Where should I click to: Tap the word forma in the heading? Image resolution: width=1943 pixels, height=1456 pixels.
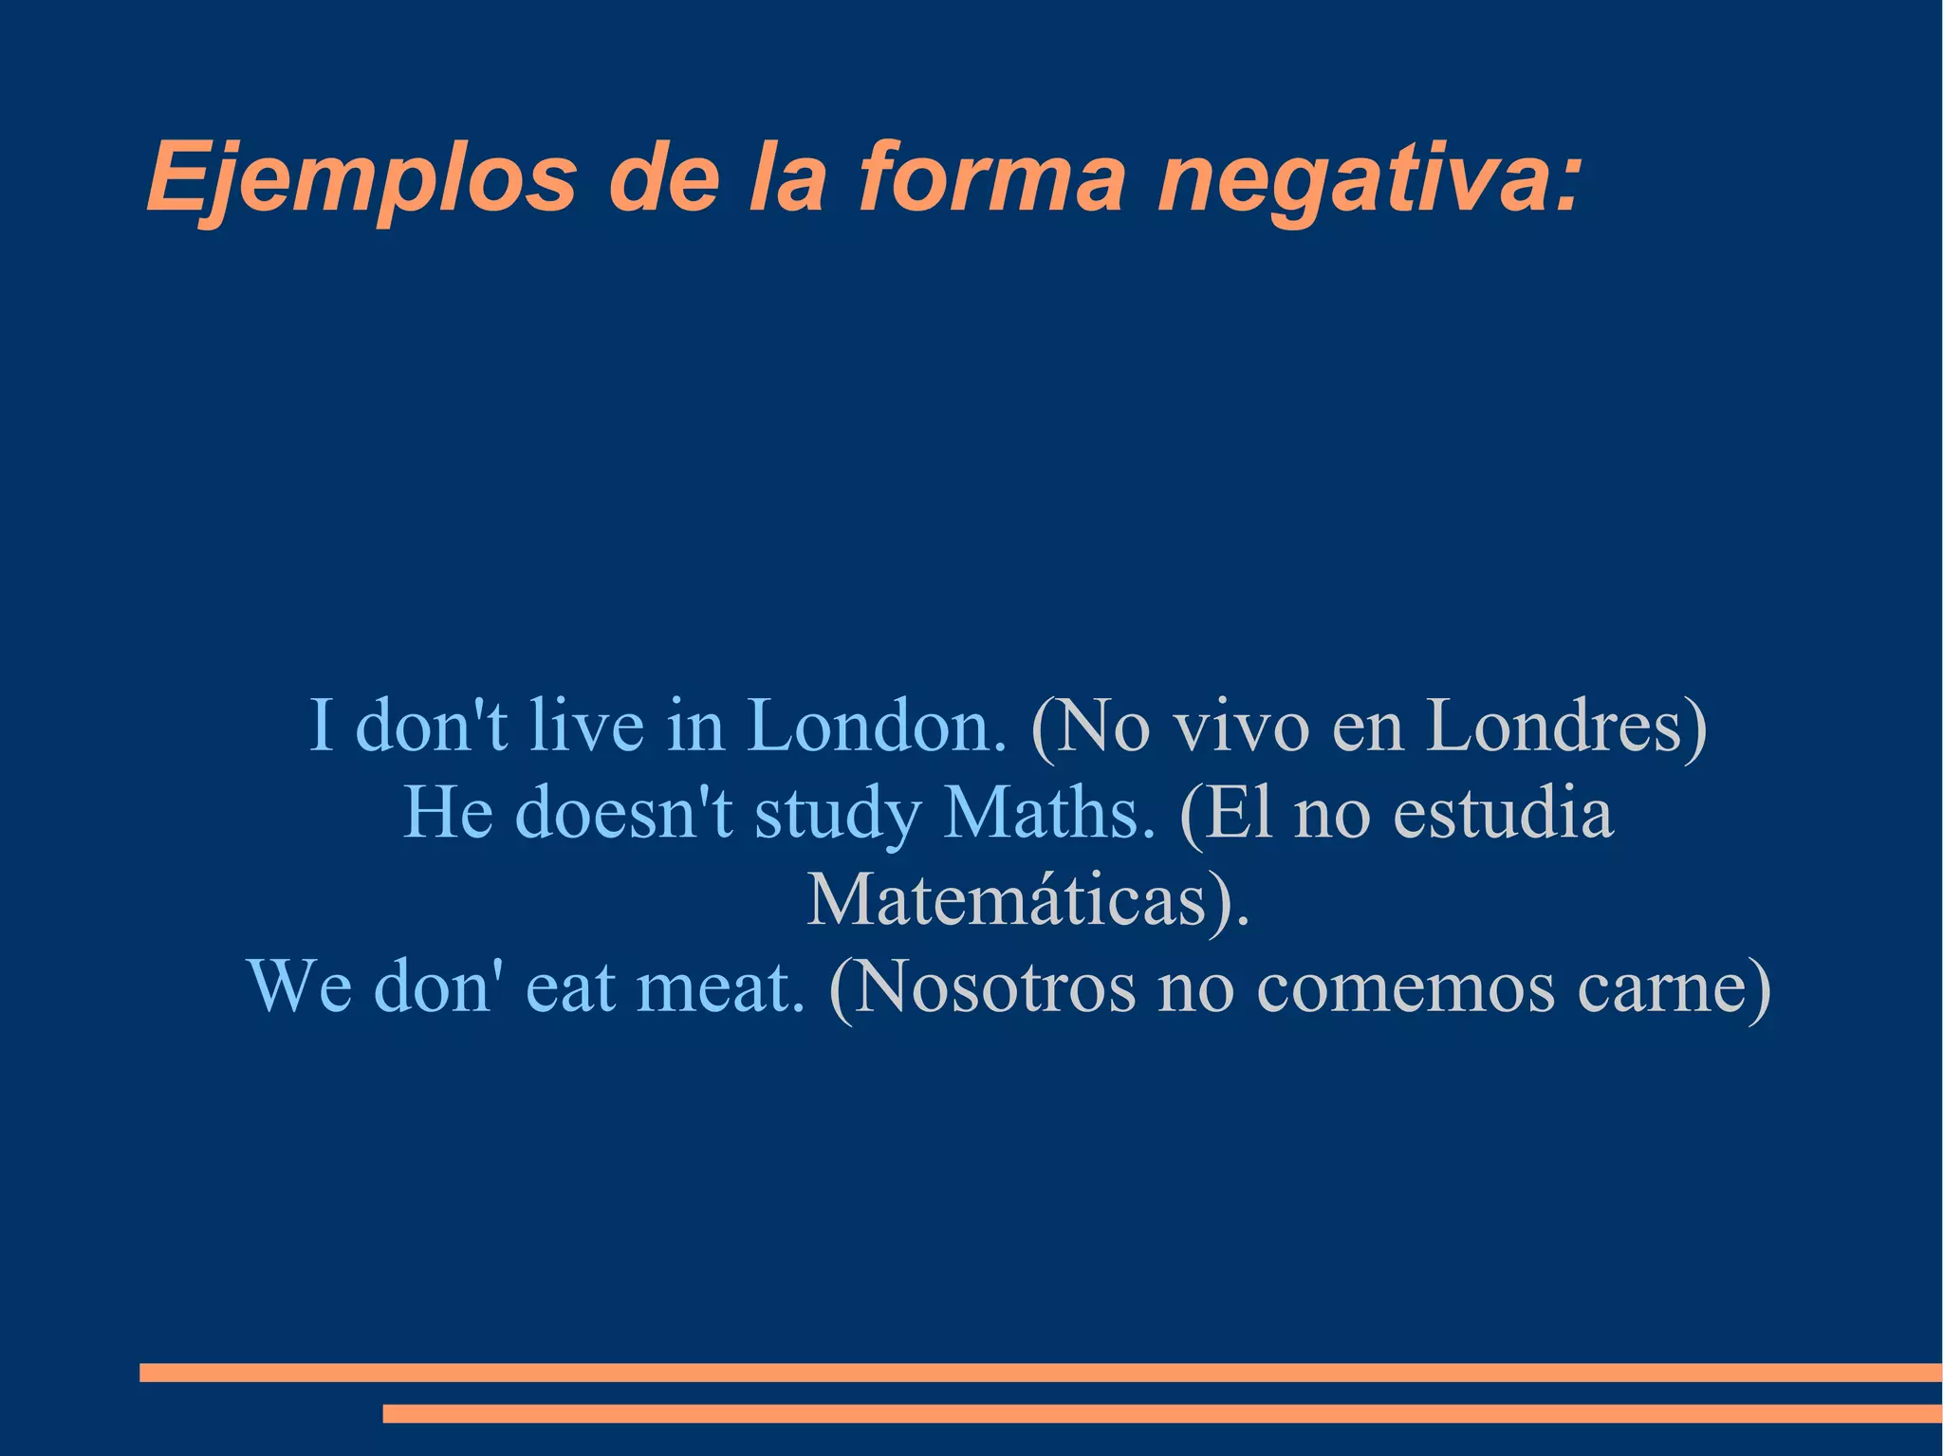click(x=991, y=177)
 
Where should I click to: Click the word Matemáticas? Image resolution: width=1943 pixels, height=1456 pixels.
click(x=1006, y=899)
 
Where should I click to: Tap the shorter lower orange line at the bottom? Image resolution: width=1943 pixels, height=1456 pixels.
click(x=1162, y=1413)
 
